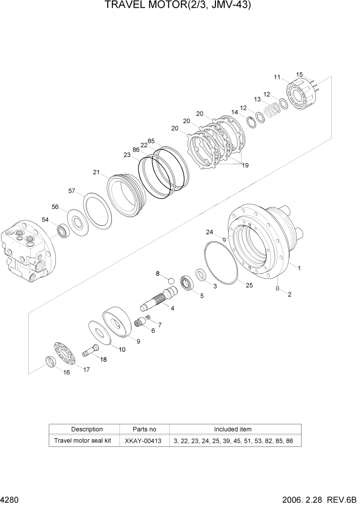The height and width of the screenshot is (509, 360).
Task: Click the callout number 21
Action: [x=96, y=172]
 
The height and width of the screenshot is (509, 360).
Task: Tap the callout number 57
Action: [x=72, y=191]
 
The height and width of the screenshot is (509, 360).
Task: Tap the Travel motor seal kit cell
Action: [x=83, y=441]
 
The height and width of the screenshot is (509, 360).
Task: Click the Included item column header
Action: [x=232, y=429]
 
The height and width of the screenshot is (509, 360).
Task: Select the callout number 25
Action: [x=249, y=285]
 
